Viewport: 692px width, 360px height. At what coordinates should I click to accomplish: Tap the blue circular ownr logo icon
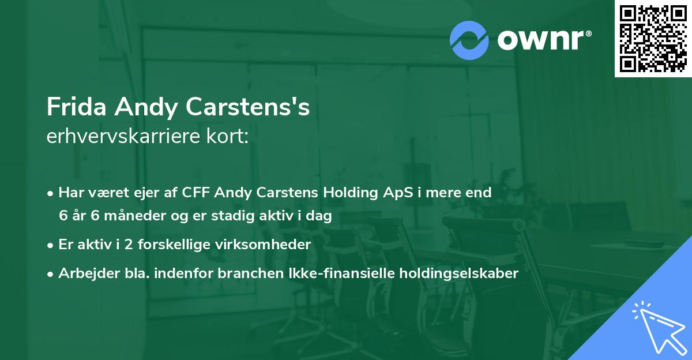pyautogui.click(x=469, y=40)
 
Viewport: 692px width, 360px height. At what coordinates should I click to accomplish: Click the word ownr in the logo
pyautogui.click(x=544, y=40)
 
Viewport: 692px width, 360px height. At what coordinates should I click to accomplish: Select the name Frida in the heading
pyautogui.click(x=76, y=107)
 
